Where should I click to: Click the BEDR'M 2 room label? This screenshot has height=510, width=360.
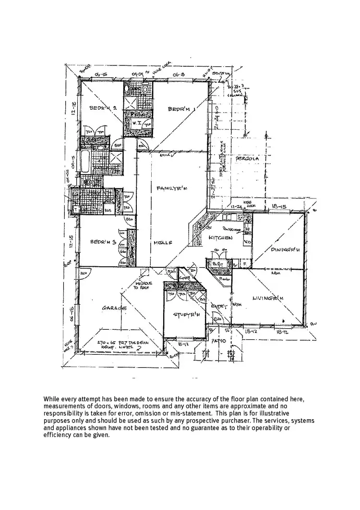pos(103,108)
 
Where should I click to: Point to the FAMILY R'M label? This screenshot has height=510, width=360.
pos(171,188)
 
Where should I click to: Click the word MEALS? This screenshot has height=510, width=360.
pos(163,243)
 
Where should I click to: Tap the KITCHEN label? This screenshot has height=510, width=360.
pos(220,237)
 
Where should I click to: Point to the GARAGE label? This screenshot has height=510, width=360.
pos(114,308)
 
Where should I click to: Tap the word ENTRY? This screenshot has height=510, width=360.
pos(218,306)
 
